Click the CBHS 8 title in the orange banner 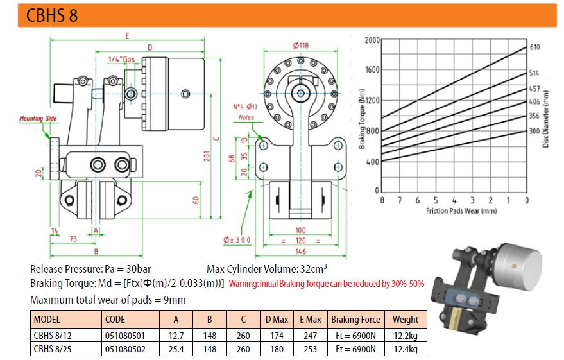click(52, 15)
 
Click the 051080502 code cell click(125, 349)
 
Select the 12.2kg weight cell click(406, 336)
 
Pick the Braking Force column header click(355, 320)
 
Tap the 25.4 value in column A click(176, 349)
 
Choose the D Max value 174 click(277, 336)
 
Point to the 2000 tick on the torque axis click(372, 40)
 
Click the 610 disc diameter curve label click(534, 47)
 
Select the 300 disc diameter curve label click(534, 132)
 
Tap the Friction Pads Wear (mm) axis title click(461, 210)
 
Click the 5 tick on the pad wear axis click(436, 200)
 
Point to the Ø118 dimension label click(301, 46)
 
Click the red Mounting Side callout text click(38, 118)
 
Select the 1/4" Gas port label click(121, 59)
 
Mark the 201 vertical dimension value click(207, 156)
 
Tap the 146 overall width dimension click(300, 252)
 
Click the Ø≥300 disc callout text click(237, 240)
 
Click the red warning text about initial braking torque click(326, 284)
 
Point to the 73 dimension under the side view click(73, 239)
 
